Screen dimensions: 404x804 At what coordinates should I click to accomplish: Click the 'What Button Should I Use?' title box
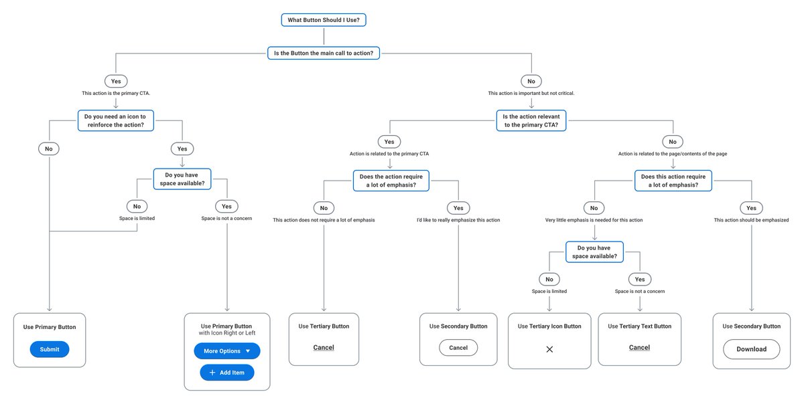click(x=324, y=20)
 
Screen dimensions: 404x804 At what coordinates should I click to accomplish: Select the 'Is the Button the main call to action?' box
click(x=324, y=53)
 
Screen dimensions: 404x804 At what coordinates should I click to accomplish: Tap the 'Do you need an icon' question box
click(x=116, y=120)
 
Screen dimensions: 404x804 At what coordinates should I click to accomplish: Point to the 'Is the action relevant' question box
click(x=531, y=120)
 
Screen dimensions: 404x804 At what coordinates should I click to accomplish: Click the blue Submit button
click(x=50, y=349)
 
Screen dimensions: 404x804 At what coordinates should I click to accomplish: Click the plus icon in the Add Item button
click(x=212, y=373)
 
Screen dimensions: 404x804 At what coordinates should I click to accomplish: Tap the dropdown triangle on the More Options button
click(x=247, y=351)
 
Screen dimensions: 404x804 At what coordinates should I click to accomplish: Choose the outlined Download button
click(x=751, y=349)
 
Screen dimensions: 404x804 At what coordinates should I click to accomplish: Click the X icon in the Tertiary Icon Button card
click(x=549, y=349)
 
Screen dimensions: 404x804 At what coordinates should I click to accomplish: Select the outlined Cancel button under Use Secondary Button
click(x=458, y=348)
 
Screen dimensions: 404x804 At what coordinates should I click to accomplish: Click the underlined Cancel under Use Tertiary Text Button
click(x=639, y=348)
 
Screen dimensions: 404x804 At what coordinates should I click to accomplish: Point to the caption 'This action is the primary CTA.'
click(x=116, y=93)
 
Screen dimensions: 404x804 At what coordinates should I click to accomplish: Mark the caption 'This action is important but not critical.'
click(x=531, y=93)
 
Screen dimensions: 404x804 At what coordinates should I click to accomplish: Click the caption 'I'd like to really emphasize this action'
click(x=458, y=220)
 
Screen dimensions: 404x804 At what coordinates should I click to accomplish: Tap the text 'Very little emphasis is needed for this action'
click(x=594, y=220)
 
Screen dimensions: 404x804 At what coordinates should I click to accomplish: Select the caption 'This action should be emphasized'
click(x=751, y=220)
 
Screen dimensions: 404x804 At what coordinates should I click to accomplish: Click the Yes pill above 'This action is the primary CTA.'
click(x=116, y=81)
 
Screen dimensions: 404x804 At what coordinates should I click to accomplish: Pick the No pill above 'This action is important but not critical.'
click(x=531, y=81)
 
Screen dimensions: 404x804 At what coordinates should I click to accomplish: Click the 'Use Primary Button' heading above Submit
click(x=50, y=327)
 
